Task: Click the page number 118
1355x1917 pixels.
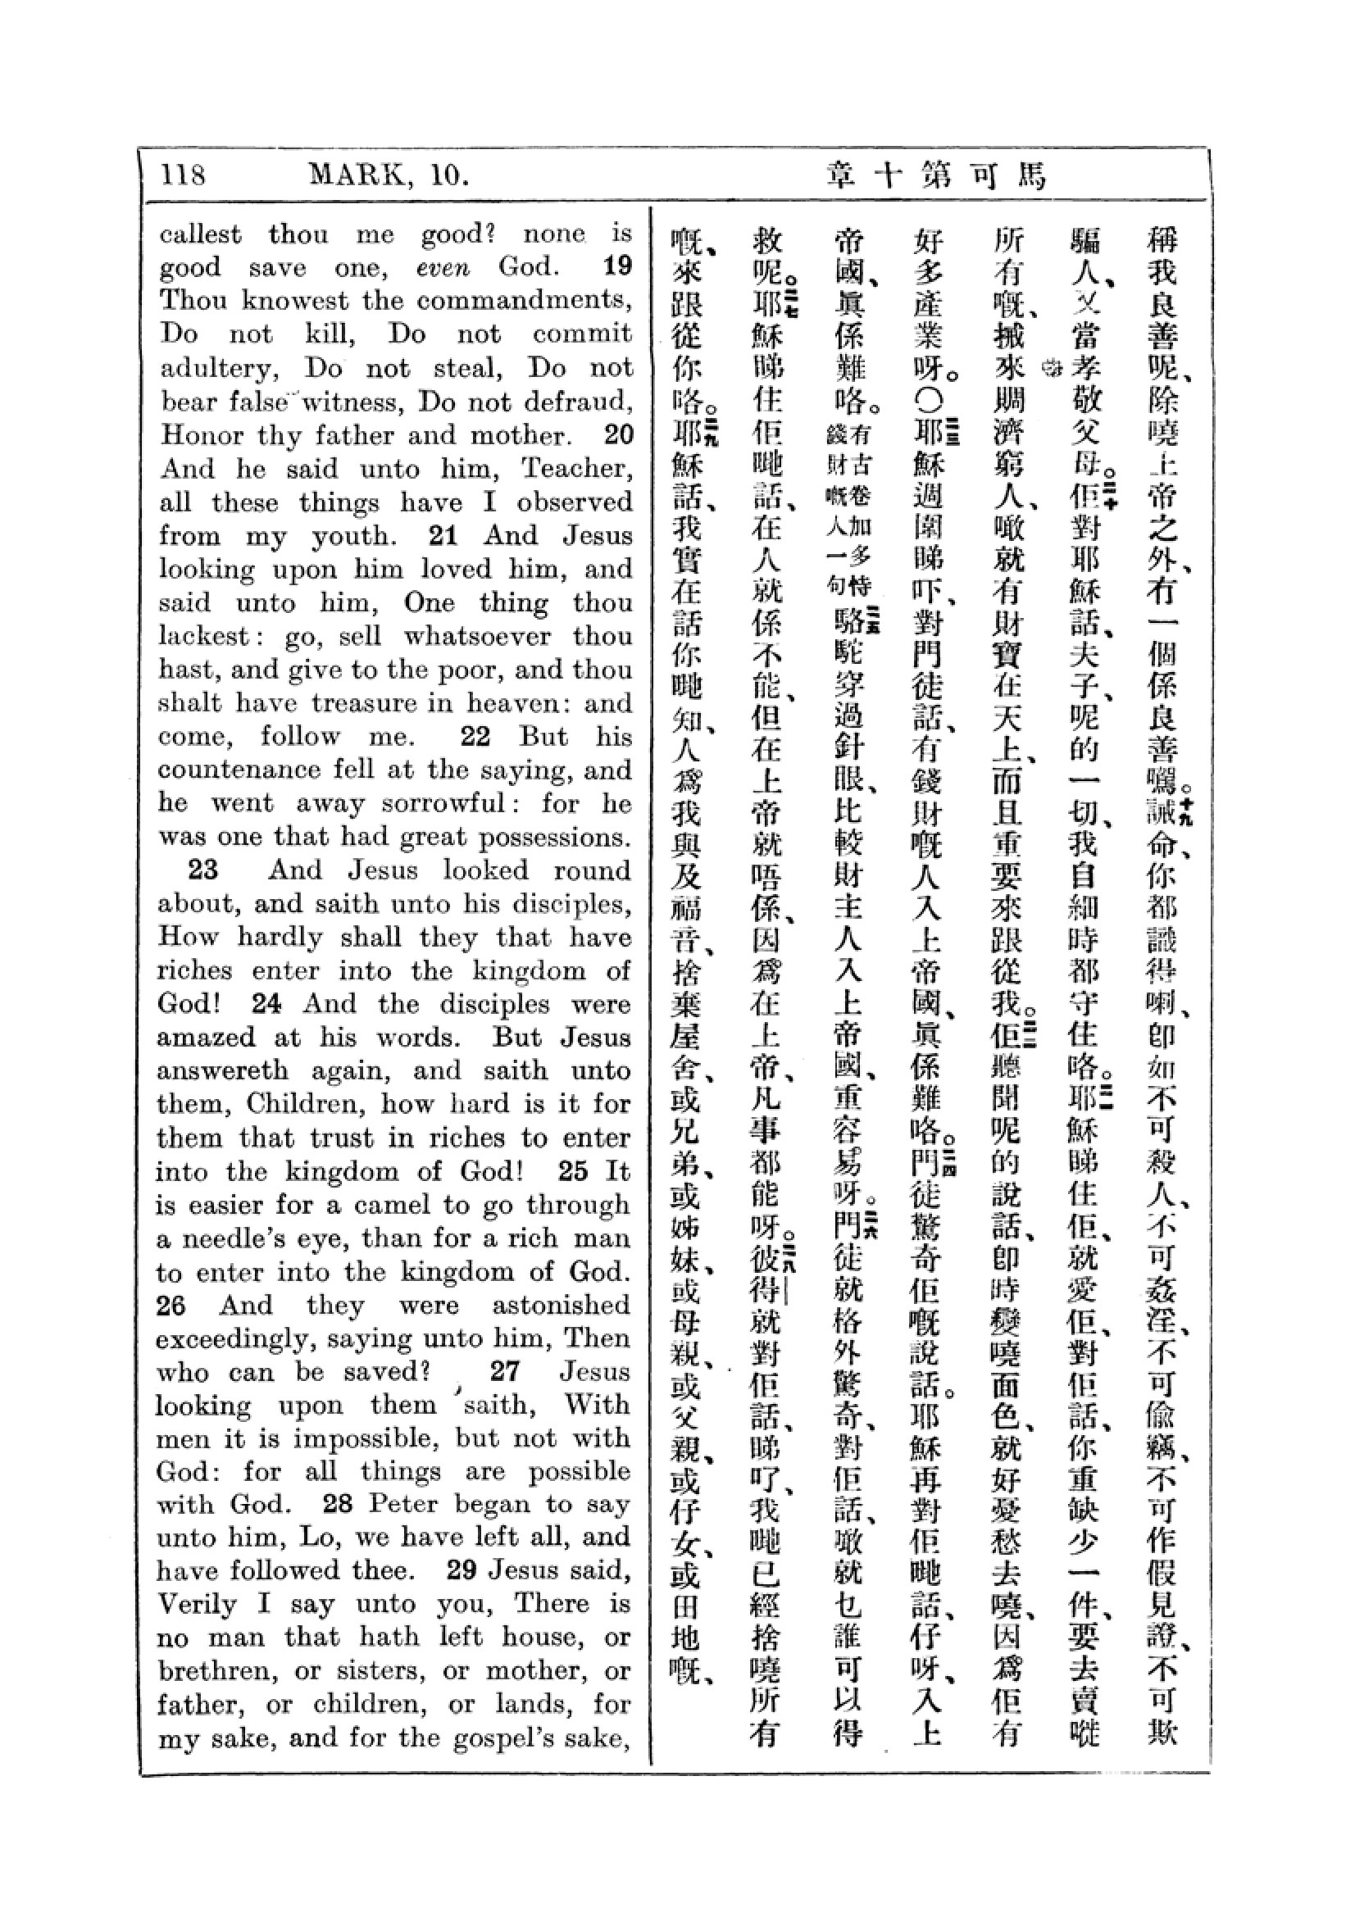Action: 183,175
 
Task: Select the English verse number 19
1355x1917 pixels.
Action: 617,267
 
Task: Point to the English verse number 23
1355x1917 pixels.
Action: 202,870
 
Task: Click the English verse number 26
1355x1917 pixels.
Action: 171,1305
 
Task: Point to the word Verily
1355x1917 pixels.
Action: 196,1604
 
